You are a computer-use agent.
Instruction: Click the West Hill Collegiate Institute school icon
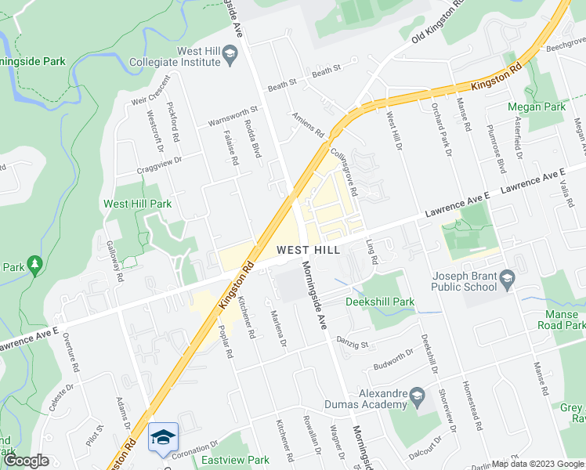pos(230,53)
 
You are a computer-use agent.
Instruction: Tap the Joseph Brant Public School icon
pos(508,278)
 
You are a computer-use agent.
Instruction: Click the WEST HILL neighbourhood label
pos(308,250)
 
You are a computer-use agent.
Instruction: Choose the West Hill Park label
pos(137,204)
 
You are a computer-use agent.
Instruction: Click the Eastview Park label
pos(235,460)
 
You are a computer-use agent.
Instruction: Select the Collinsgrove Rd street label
pos(344,172)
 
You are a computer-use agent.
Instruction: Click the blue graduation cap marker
pos(163,437)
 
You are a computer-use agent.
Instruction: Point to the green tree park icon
pos(34,266)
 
